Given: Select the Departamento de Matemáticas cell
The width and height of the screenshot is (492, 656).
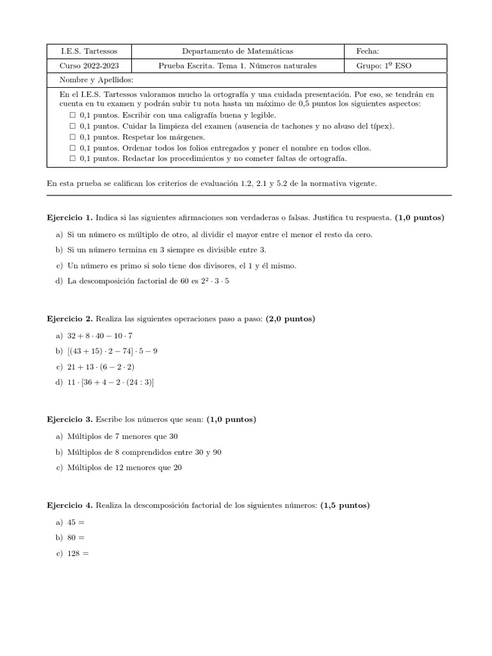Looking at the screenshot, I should [238, 51].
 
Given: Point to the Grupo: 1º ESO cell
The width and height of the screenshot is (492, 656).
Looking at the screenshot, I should [384, 65].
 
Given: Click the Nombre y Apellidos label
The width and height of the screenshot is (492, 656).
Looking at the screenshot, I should [96, 79].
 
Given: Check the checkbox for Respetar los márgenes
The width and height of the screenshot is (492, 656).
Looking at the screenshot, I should [72, 137].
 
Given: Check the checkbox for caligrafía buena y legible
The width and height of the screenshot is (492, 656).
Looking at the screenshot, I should [72, 115].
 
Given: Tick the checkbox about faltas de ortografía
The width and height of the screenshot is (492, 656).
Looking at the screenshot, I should [72, 158].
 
